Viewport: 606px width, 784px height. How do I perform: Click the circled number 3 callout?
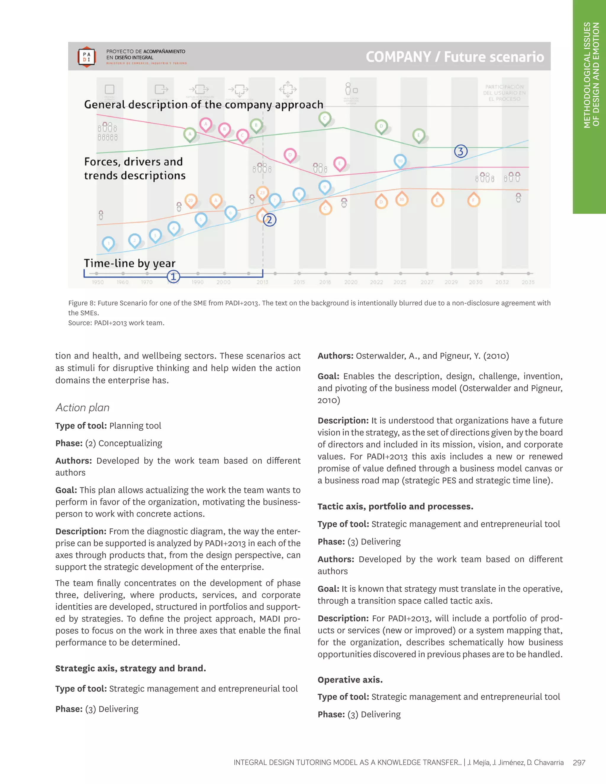[x=461, y=151]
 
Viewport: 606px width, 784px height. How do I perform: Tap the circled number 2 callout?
[x=269, y=220]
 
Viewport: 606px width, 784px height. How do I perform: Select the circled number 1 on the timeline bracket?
[x=173, y=276]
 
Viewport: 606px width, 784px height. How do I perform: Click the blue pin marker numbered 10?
[x=400, y=161]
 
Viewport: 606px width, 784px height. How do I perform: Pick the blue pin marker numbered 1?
[x=108, y=243]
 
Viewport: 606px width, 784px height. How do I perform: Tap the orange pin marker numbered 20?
[x=190, y=200]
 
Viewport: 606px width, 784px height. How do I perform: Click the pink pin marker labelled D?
[x=290, y=155]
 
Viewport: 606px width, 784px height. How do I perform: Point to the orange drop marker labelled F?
[x=473, y=200]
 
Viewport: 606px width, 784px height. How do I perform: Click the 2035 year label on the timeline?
[x=528, y=282]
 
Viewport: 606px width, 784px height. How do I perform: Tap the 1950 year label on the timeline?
[x=98, y=282]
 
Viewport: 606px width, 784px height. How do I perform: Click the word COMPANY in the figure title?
[x=398, y=57]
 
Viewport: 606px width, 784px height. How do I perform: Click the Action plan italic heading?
[x=83, y=407]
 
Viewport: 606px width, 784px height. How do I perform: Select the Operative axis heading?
[x=350, y=680]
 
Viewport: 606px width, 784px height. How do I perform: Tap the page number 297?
[x=579, y=762]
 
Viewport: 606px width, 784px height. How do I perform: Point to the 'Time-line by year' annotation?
[x=130, y=263]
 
